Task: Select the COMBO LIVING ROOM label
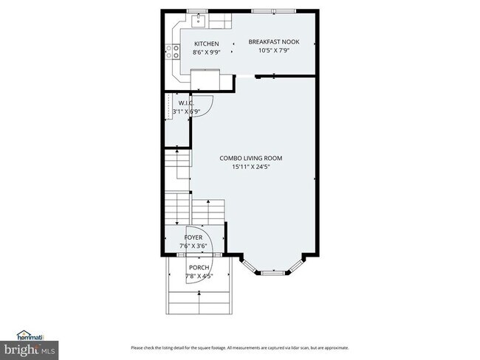coord(250,158)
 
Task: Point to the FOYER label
coord(194,237)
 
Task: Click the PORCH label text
coord(199,267)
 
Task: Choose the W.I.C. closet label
coord(185,103)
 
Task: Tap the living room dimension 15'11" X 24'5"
coord(250,167)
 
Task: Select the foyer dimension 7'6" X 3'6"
coord(194,246)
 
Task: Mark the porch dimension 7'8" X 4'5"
coord(199,276)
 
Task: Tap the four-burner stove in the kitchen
coord(174,51)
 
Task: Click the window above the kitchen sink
coord(197,11)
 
